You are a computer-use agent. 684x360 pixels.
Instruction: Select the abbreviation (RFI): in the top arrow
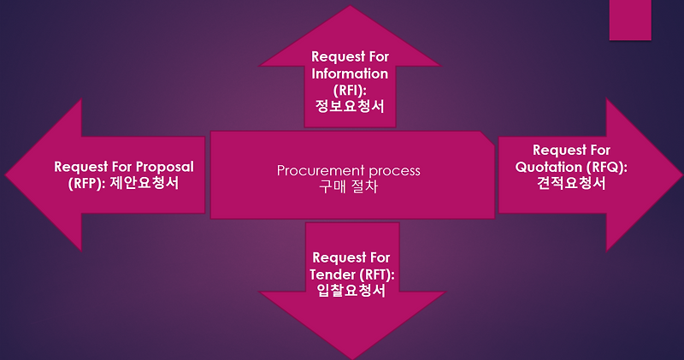[349, 90]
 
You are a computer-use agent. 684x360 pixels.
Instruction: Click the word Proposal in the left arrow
[162, 166]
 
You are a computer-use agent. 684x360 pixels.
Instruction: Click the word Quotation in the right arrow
[544, 167]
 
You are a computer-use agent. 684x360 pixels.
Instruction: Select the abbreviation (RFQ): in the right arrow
[603, 167]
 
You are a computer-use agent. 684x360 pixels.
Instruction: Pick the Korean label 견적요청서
[570, 183]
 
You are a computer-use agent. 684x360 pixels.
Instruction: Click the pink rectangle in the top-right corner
[629, 19]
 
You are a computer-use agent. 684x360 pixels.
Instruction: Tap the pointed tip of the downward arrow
[350, 357]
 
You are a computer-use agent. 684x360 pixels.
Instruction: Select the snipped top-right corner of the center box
[488, 136]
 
